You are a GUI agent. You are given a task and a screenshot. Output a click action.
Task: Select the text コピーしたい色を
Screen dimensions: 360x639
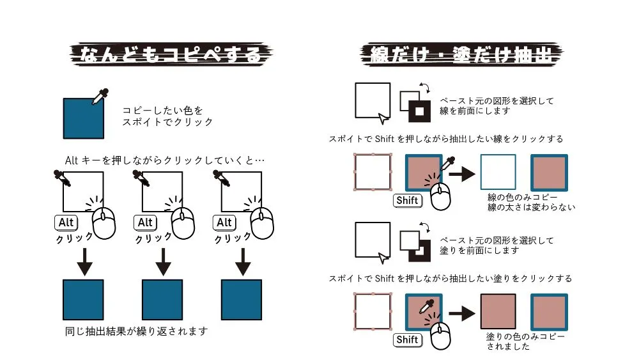[162, 110]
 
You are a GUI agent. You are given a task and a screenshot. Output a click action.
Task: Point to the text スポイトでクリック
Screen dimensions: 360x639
[167, 121]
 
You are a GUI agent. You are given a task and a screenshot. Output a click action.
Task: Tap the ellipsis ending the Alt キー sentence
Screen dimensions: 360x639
[259, 159]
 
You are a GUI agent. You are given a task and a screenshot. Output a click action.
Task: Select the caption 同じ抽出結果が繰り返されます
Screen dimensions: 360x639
[137, 331]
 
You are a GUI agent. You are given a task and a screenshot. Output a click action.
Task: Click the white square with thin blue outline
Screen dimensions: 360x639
[498, 172]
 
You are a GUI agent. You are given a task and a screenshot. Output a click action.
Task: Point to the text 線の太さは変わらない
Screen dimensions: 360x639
[532, 207]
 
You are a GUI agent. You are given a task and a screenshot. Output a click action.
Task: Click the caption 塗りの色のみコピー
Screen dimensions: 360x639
[526, 336]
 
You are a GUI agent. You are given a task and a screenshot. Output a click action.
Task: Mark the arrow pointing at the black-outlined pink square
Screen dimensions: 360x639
[463, 313]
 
